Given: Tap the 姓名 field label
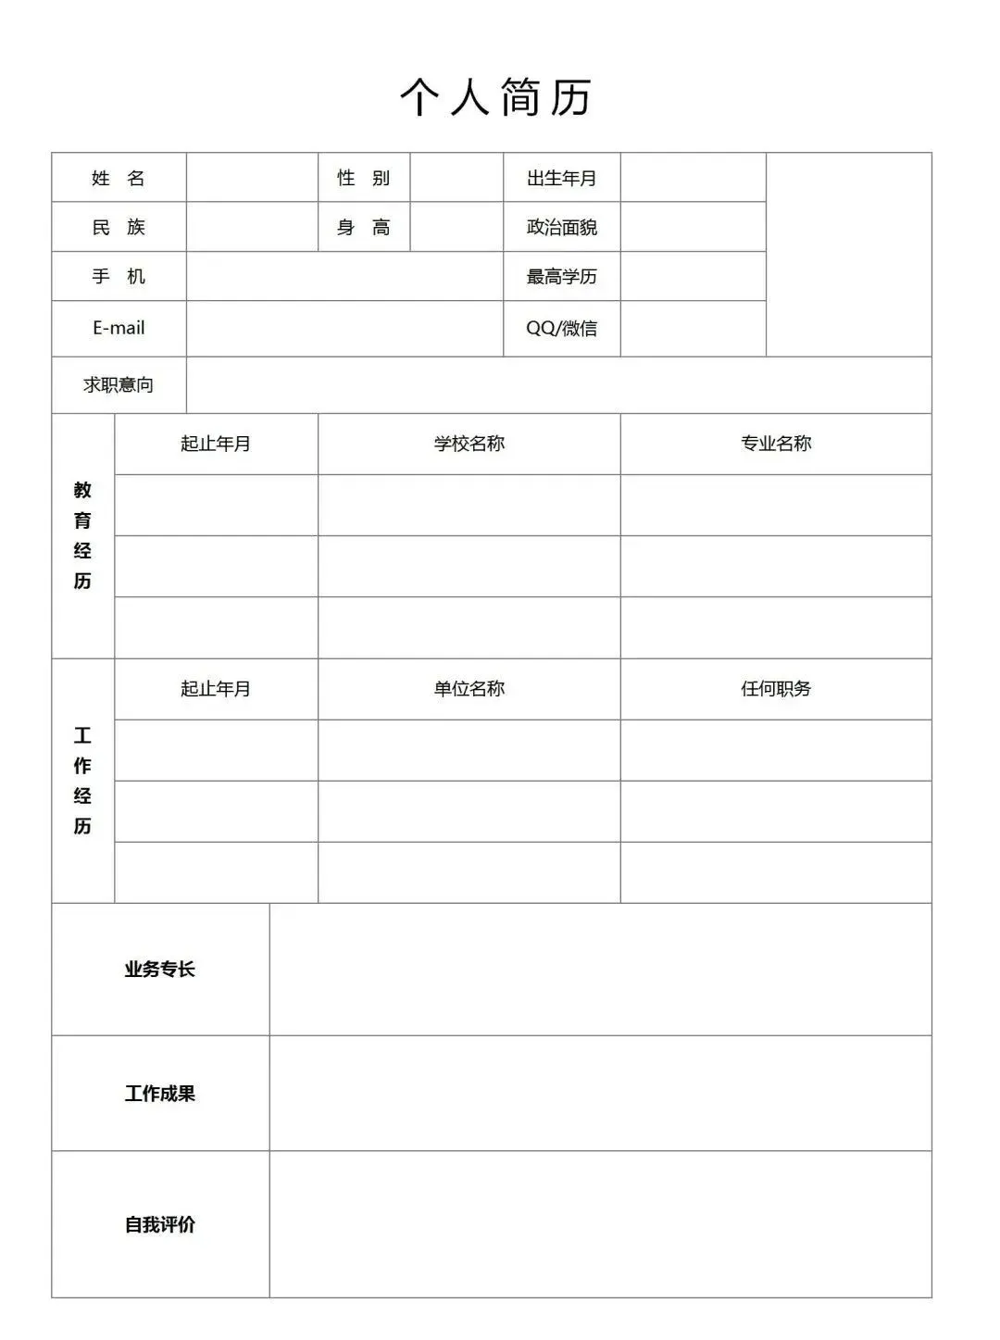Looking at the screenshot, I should (119, 178).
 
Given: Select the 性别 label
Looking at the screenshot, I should (363, 178).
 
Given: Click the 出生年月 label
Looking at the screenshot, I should (561, 178).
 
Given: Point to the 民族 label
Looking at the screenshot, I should (119, 227).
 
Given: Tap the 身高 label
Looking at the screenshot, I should (363, 227).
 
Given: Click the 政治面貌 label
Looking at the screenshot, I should (561, 227).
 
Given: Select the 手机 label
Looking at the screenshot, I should (119, 276).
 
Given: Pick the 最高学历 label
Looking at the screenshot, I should (561, 276).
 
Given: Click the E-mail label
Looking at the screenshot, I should (119, 328).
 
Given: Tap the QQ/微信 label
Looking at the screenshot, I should (561, 328).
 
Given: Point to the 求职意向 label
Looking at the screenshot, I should (119, 384).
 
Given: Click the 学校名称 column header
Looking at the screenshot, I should (469, 444).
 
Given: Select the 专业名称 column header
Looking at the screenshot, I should (776, 444).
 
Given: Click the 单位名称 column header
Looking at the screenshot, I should (469, 688).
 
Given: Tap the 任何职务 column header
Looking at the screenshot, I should (776, 688).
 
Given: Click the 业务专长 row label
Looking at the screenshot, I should (160, 969).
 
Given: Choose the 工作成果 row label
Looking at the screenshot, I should (160, 1093).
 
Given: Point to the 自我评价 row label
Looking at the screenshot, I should (160, 1224).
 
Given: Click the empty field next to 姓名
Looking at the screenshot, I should (252, 178).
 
